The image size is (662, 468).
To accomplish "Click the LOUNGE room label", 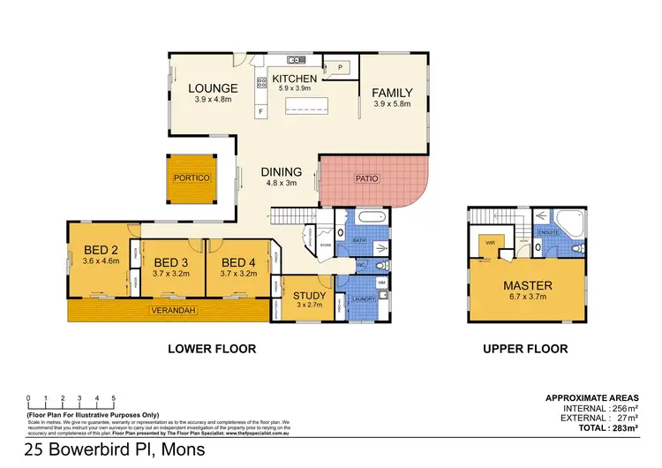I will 213,88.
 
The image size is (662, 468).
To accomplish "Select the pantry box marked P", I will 339,66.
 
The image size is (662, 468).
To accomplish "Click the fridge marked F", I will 261,111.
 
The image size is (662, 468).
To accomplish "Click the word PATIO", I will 366,177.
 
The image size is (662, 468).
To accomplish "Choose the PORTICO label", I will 192,177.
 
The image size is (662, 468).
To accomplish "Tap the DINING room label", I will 282,172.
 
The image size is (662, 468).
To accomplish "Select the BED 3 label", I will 171,262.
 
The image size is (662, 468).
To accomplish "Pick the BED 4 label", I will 238,262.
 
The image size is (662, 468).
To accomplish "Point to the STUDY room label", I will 310,296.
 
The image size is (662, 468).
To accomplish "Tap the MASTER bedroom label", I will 528,285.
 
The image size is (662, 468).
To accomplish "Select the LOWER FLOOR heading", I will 212,349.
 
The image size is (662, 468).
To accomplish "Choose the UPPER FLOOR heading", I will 525,349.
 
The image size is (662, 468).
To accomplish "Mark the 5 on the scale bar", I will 113,398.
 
